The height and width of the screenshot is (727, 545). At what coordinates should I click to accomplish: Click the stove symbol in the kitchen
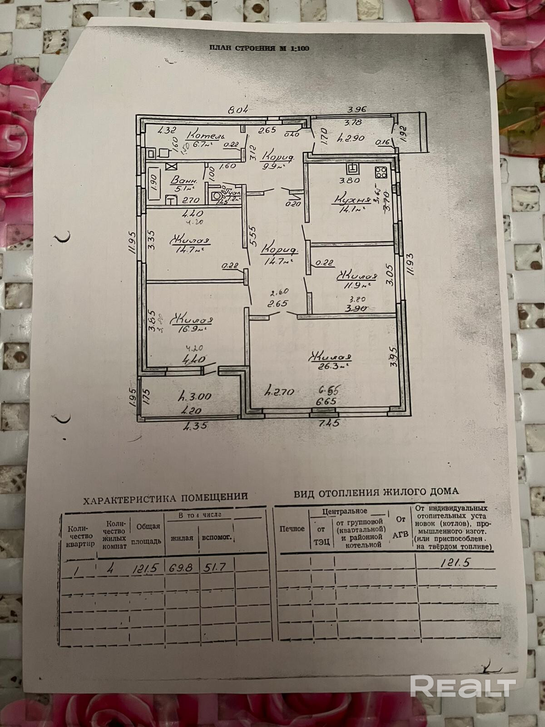380,172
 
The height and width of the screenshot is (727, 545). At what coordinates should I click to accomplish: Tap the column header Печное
292,529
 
